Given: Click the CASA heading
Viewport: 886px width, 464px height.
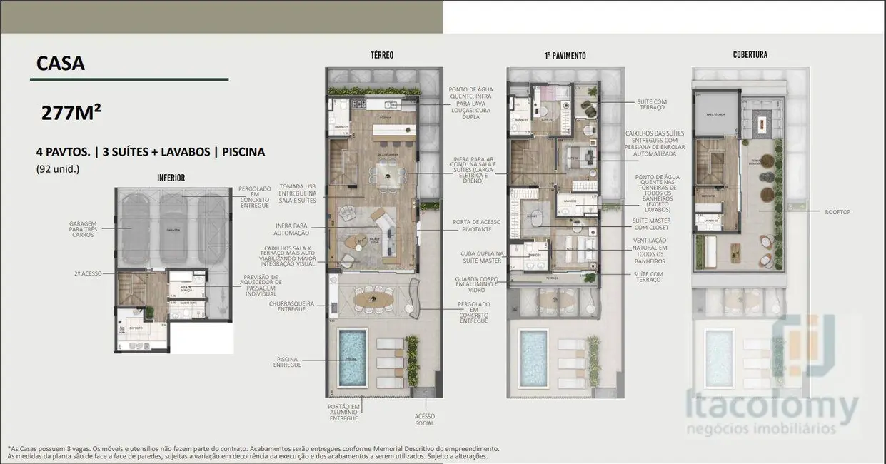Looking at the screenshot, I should pyautogui.click(x=61, y=64).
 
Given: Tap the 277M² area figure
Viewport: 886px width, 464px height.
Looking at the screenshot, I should pyautogui.click(x=71, y=113).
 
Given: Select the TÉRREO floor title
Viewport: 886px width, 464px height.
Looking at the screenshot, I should pyautogui.click(x=381, y=55).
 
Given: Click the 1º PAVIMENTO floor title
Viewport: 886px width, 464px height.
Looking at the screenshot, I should pyautogui.click(x=565, y=56).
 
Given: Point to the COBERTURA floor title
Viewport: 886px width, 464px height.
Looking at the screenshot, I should pyautogui.click(x=750, y=55).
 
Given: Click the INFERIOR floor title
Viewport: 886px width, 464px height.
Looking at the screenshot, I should pyautogui.click(x=171, y=178).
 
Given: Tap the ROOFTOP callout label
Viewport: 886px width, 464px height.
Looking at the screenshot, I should pyautogui.click(x=837, y=212).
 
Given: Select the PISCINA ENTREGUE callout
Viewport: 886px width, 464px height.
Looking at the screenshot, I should pyautogui.click(x=287, y=362).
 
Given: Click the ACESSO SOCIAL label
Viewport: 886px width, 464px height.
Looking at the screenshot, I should pyautogui.click(x=424, y=420).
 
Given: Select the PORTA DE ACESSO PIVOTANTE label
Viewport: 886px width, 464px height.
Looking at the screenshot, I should pyautogui.click(x=471, y=225).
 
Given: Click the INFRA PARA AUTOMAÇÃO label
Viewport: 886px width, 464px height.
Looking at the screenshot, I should pyautogui.click(x=292, y=229).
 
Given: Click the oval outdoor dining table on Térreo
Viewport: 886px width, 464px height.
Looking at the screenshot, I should pyautogui.click(x=374, y=298).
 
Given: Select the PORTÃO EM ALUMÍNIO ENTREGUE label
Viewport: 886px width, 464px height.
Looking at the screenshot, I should pyautogui.click(x=343, y=412).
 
